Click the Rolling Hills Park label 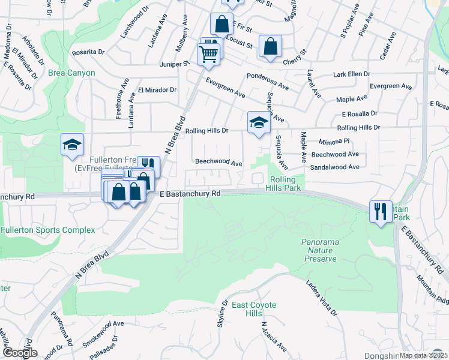(284, 184)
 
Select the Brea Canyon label (73, 73)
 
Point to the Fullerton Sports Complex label (48, 230)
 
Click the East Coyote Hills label (254, 310)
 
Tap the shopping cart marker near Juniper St (209, 53)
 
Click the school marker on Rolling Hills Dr (259, 122)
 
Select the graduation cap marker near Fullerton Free (72, 145)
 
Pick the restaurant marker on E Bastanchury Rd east (381, 211)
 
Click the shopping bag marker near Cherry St (270, 46)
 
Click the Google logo (19, 353)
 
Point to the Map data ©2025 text (423, 355)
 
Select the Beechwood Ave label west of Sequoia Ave (218, 163)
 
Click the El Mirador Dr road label (157, 90)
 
